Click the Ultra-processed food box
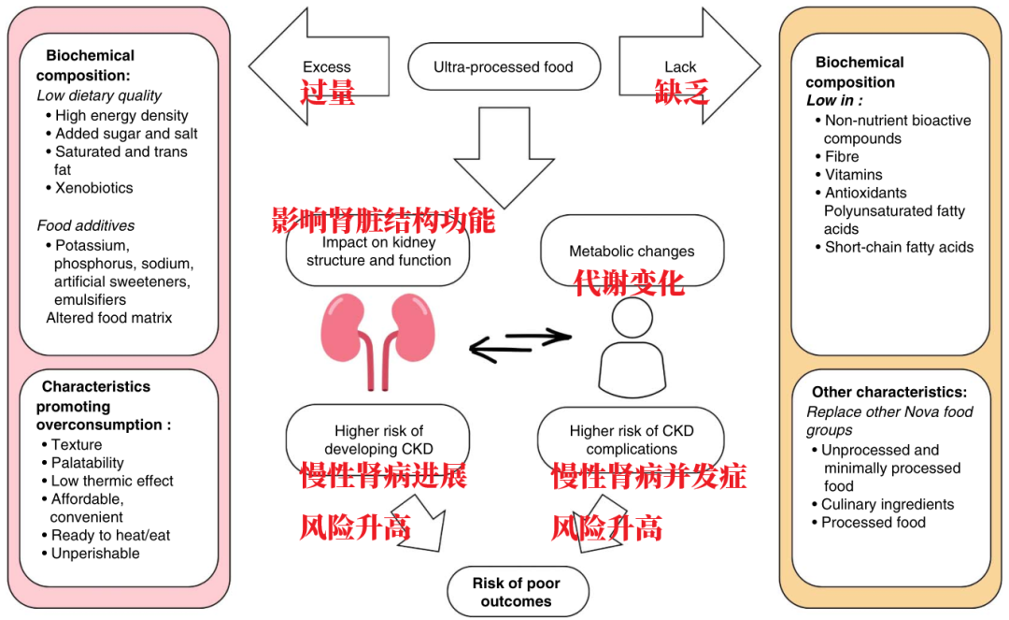[504, 67]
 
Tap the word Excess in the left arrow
[327, 67]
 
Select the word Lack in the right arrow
[680, 67]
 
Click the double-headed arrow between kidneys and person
[519, 345]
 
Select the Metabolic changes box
[632, 251]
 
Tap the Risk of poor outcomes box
[517, 592]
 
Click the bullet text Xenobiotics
[93, 188]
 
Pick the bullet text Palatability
[88, 463]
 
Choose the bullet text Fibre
[842, 156]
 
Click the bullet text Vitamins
[853, 175]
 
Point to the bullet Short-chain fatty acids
[899, 248]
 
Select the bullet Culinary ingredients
[888, 505]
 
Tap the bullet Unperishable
[95, 554]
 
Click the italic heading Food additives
[86, 225]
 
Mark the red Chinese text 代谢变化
[629, 283]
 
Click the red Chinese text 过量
[327, 92]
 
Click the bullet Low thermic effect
[112, 481]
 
